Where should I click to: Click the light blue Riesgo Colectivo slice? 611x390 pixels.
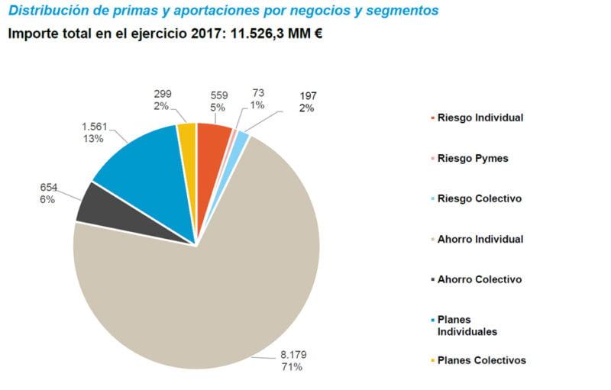pos(242,140)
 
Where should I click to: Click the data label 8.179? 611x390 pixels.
pos(291,354)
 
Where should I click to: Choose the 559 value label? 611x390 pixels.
pos(219,95)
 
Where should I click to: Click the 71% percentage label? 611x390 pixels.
pos(291,366)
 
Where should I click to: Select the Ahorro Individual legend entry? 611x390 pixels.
pos(480,239)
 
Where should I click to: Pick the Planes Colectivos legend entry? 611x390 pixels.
pos(481,360)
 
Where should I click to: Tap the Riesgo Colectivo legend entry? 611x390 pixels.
pos(479,198)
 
